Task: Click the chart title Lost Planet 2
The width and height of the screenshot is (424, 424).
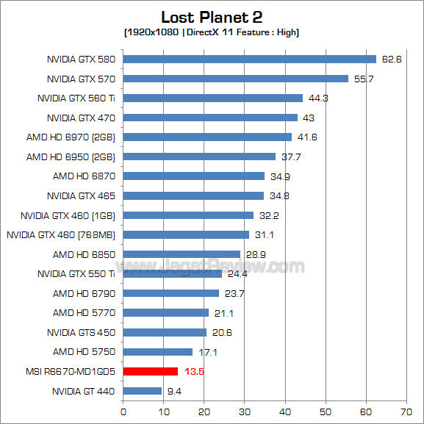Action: coord(212,17)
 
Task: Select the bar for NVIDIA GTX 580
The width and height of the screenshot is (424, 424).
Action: coord(249,60)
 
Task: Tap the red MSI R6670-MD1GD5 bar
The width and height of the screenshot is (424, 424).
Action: coord(151,371)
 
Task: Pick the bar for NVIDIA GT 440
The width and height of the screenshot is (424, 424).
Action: coord(142,391)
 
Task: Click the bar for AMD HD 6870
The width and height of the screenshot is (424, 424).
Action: coord(193,176)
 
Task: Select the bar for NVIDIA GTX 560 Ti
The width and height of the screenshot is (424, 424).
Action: coord(212,98)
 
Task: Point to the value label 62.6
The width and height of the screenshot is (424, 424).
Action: coord(391,60)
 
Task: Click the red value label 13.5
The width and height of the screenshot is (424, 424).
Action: coord(193,372)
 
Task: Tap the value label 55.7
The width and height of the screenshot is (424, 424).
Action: coord(363,79)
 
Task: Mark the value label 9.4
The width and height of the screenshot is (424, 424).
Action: coord(174,391)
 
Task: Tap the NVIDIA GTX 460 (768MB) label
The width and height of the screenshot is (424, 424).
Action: coord(61,234)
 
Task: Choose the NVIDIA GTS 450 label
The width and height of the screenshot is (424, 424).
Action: coord(81,332)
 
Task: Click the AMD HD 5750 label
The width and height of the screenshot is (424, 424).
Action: coord(84,352)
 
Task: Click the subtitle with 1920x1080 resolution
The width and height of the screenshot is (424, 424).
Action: coord(212,32)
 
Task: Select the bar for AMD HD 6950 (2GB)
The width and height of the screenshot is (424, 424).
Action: coord(199,157)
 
